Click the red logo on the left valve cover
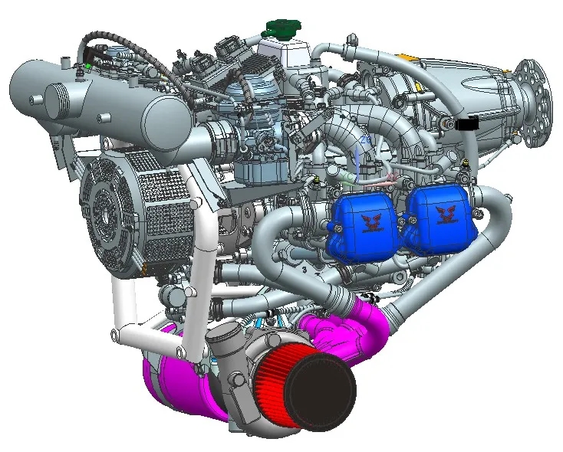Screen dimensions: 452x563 tap(373, 222)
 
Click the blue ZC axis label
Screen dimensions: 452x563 tap(365, 140)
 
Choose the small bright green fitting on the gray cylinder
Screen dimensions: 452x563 tap(90, 66)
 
